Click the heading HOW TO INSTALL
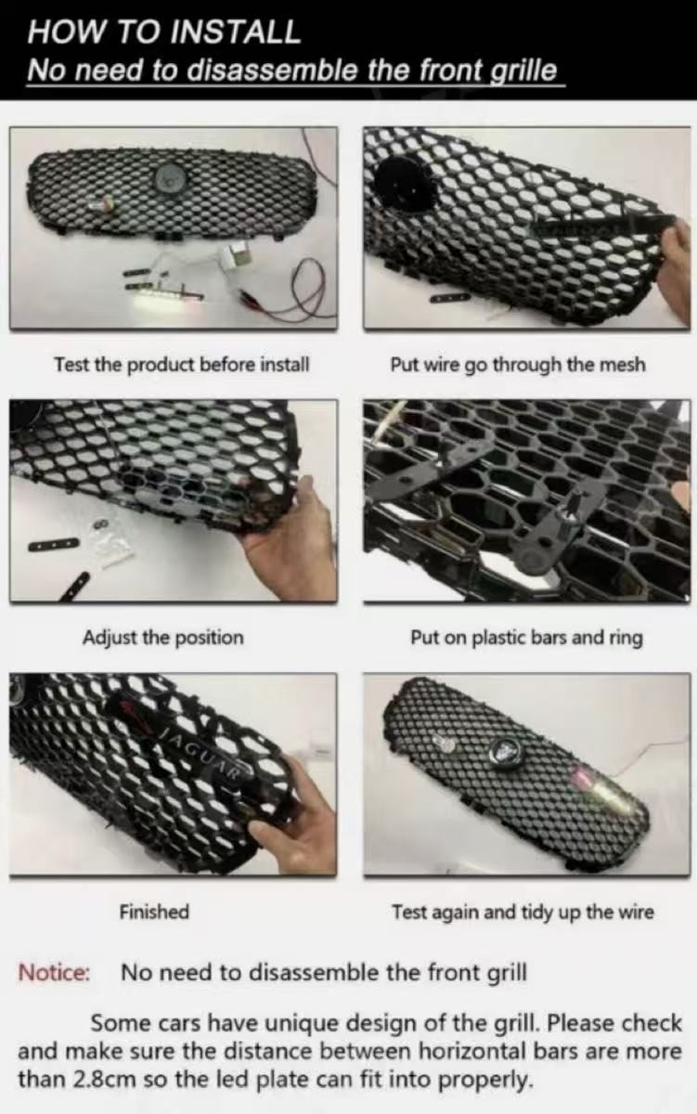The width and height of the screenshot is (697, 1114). (164, 32)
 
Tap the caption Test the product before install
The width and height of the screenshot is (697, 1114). (182, 364)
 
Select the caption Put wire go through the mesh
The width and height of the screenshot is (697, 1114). (518, 365)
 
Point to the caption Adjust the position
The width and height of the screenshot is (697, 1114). (163, 637)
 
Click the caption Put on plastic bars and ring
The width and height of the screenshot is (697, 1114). (526, 637)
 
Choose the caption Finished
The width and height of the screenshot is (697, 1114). (154, 912)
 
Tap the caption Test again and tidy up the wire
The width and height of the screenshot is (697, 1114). (523, 912)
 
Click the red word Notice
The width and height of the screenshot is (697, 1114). (54, 972)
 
